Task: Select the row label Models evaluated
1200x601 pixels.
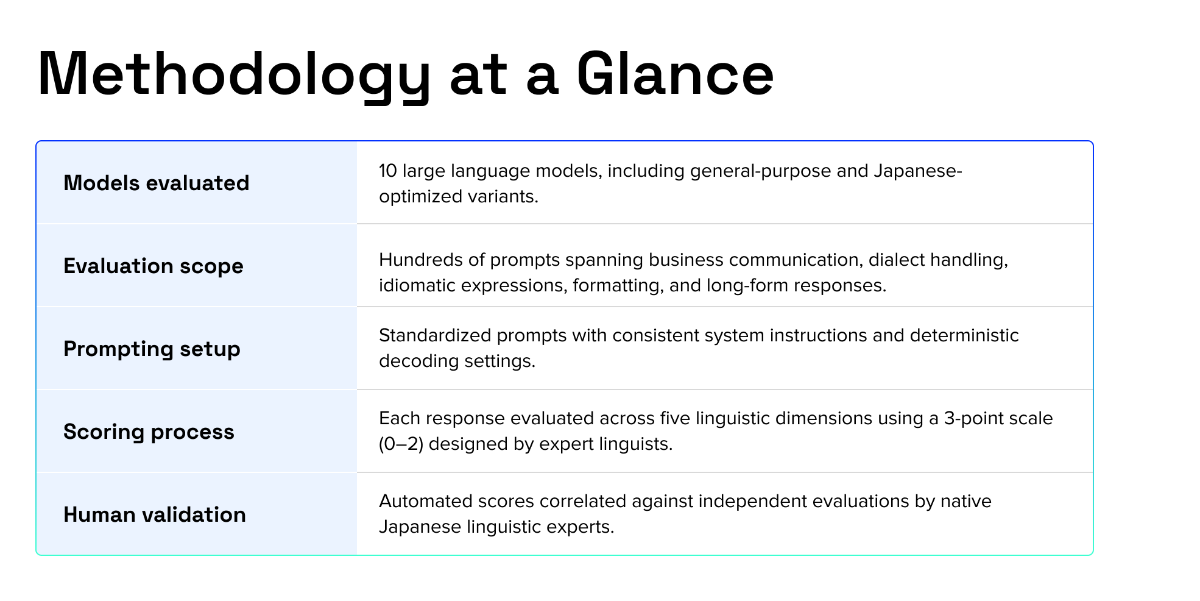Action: coord(157,183)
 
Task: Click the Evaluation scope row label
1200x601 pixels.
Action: coord(154,266)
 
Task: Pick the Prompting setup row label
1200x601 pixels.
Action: coord(152,349)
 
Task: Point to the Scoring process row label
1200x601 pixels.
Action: coord(149,432)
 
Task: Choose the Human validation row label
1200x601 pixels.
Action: coord(155,514)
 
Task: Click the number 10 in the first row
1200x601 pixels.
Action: coord(387,171)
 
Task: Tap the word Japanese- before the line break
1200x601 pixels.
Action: coord(917,171)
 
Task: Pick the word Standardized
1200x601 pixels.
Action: coord(435,335)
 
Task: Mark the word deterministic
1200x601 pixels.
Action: coord(964,335)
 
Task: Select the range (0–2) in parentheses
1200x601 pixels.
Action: coord(401,444)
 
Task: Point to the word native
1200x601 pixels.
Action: coord(966,501)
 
